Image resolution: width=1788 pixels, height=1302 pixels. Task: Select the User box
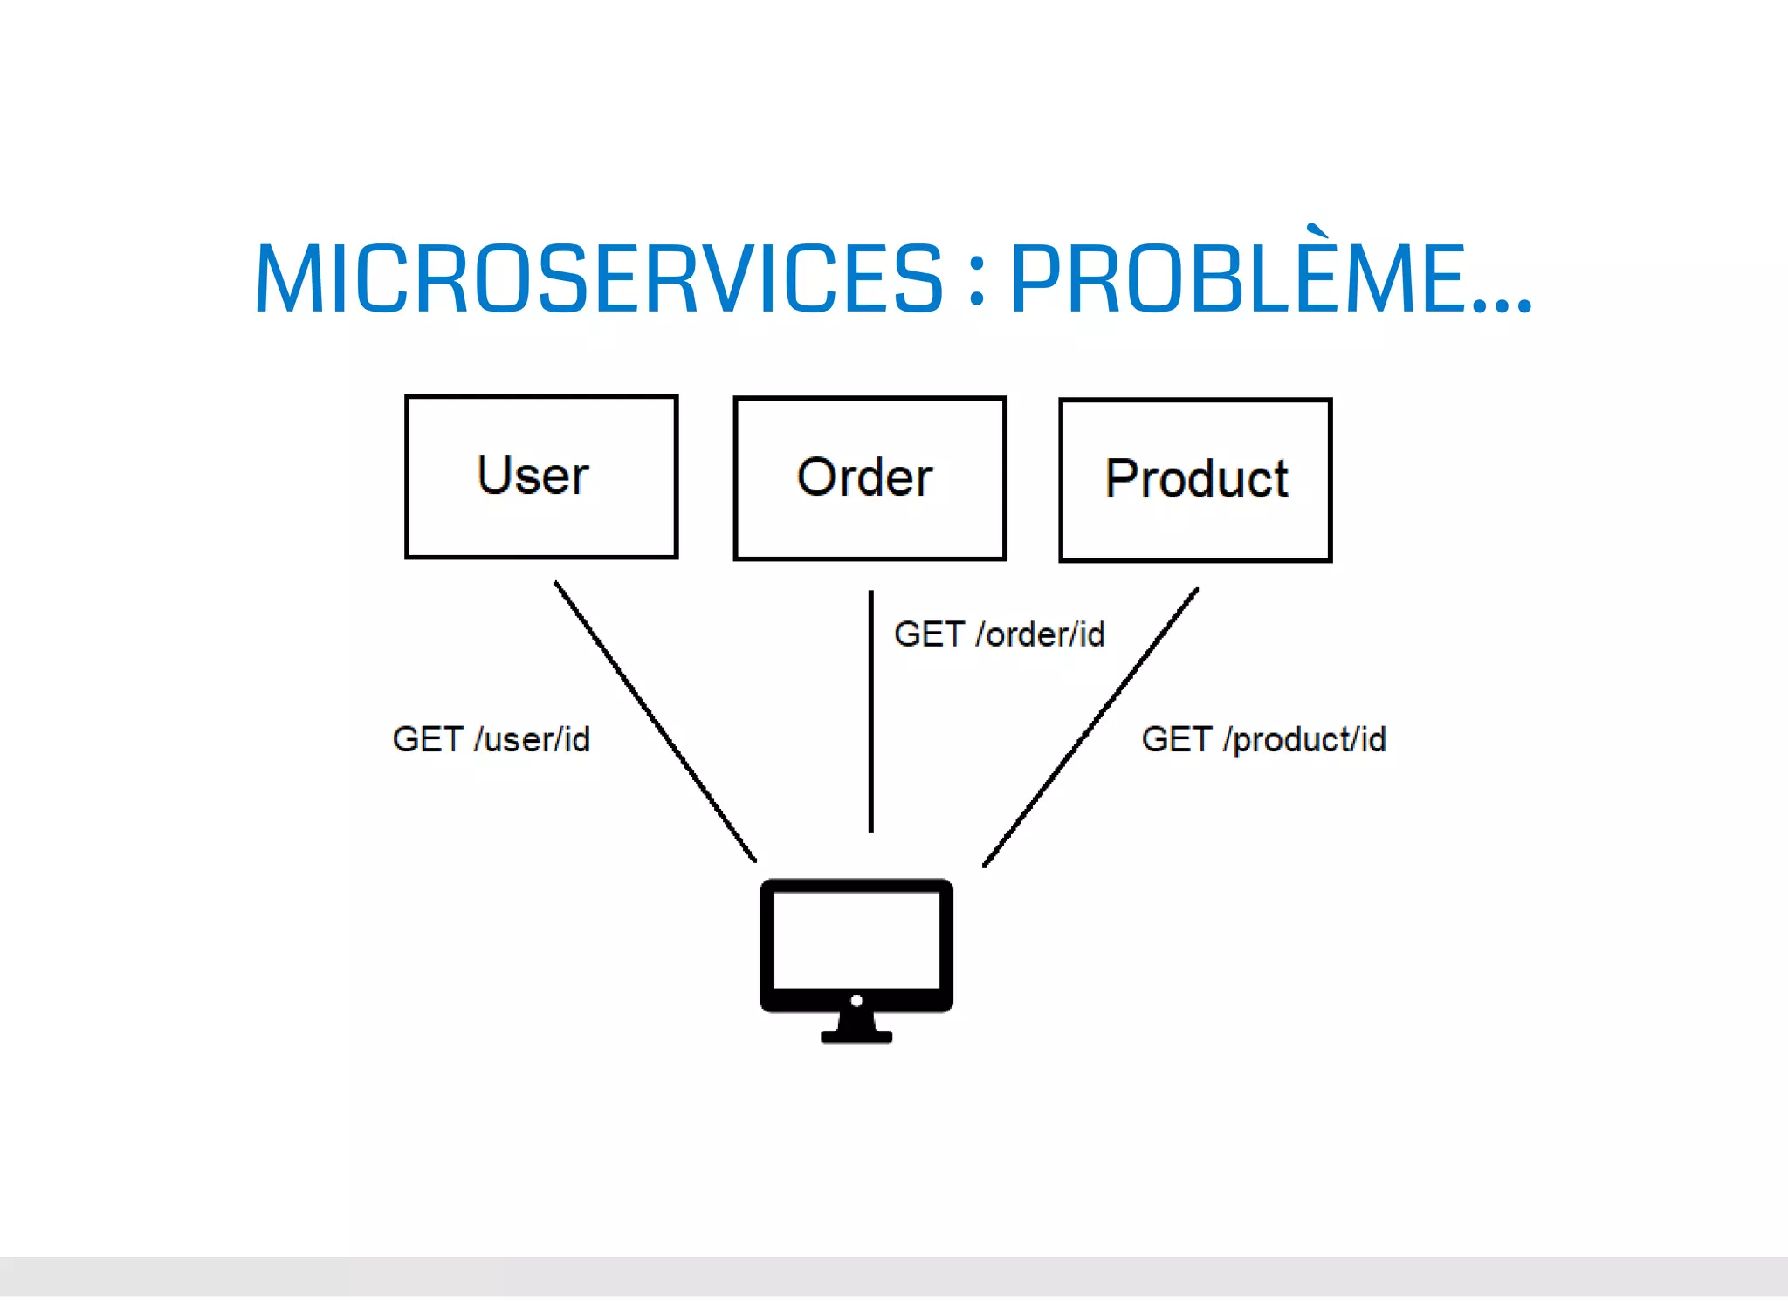541,476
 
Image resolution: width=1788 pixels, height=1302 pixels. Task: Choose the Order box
870,478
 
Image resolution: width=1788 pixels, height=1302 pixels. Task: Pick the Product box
1195,480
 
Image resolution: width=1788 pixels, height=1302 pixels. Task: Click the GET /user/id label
492,739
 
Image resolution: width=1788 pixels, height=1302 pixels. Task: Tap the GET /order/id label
1000,634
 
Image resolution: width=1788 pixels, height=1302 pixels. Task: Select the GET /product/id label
1263,739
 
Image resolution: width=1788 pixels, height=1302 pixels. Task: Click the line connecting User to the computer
655,721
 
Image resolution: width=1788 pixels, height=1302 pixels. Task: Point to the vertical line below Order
870,711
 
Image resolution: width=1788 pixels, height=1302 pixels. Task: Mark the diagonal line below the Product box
1090,727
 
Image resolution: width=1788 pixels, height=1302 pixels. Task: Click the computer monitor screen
856,940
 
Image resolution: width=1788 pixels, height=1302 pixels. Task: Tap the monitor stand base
856,1036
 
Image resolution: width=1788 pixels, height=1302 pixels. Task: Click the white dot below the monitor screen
856,1001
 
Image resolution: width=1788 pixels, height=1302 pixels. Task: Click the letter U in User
494,475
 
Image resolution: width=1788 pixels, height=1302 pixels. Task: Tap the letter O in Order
816,477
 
